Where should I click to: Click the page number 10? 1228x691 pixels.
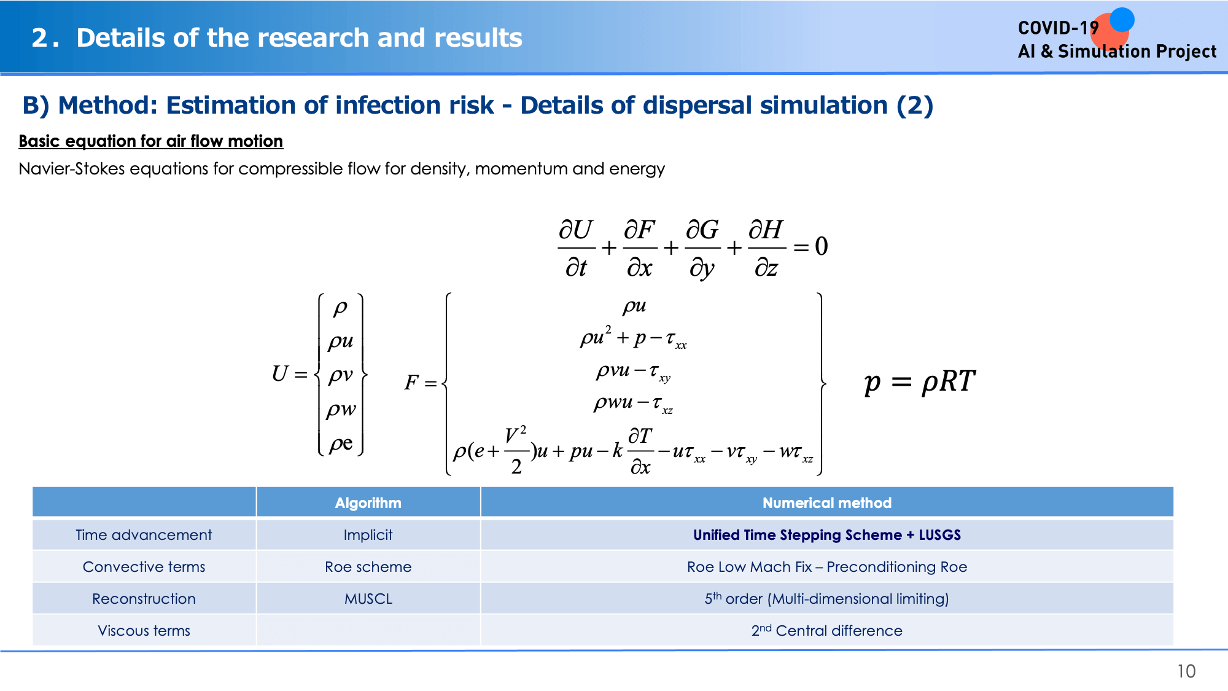coord(1186,671)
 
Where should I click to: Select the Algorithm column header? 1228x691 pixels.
coord(368,503)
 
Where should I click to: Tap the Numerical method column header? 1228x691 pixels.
coord(827,503)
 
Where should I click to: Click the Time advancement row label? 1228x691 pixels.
coord(144,535)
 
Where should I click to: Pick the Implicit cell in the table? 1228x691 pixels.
coord(368,535)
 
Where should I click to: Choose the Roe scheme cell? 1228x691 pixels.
coord(368,567)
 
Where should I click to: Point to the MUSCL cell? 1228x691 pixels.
coord(368,599)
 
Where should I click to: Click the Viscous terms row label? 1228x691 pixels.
coord(144,631)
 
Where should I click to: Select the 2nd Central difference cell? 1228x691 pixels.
coord(827,630)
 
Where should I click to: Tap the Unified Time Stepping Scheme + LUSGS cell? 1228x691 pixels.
coord(827,535)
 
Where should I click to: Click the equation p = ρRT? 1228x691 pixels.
coord(919,381)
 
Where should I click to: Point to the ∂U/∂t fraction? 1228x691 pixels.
coord(576,248)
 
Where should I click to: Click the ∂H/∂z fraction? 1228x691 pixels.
coord(766,248)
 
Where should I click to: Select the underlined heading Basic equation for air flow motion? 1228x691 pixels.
coord(150,141)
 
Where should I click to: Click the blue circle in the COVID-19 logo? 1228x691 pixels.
coord(1122,19)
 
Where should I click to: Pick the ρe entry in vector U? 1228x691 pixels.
coord(341,443)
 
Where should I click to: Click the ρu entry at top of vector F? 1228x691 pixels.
coord(634,305)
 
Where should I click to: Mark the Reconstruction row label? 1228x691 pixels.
coord(144,599)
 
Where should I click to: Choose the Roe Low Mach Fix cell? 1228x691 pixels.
coord(827,567)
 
